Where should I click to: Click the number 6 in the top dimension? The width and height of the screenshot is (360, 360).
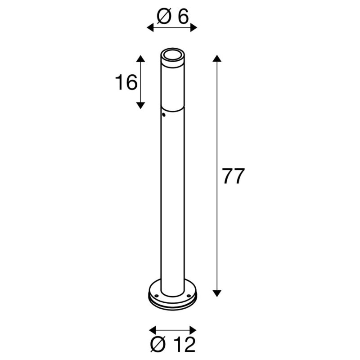(x=182, y=17)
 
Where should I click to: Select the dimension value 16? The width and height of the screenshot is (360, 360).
(x=126, y=83)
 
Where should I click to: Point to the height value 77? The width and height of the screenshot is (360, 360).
(x=233, y=176)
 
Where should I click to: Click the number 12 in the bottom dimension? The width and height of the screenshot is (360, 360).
(x=185, y=345)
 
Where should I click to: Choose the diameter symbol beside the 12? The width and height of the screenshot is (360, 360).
(x=159, y=345)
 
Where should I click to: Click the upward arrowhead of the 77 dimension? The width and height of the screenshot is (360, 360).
(x=217, y=58)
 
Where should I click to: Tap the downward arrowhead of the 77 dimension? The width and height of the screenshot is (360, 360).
(x=217, y=293)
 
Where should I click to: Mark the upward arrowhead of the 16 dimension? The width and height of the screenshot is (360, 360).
(x=141, y=58)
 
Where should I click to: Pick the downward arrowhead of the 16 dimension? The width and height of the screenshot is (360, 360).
(x=141, y=105)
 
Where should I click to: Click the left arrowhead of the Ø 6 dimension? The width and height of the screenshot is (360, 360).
(x=150, y=28)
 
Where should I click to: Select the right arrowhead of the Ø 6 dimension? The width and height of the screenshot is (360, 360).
(x=194, y=28)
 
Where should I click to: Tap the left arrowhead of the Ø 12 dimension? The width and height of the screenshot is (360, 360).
(x=152, y=330)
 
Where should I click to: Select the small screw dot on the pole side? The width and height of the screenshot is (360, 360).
(x=164, y=116)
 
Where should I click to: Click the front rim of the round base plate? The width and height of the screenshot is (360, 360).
(x=172, y=306)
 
